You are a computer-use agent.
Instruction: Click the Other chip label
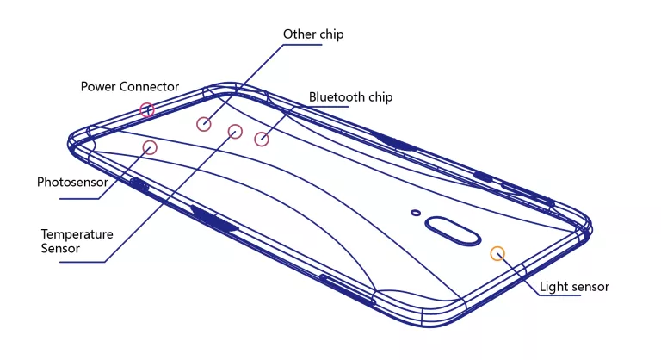pos(313,34)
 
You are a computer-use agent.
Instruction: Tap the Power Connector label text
pos(130,87)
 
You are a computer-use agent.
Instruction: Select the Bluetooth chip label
pos(350,97)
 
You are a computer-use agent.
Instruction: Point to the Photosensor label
pos(72,183)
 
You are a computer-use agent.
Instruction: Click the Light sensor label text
pos(574,287)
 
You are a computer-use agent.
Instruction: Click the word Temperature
pos(77,234)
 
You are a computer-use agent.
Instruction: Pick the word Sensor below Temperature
pos(60,249)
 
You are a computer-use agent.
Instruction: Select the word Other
pos(298,34)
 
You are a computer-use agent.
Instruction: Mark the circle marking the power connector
pos(147,109)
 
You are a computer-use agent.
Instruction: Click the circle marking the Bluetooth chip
pos(262,139)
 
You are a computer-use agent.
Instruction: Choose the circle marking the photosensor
pos(150,147)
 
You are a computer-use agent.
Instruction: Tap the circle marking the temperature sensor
pos(235,131)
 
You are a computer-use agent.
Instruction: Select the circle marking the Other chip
pos(203,124)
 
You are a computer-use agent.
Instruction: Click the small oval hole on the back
pos(416,212)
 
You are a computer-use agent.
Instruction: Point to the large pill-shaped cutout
pos(451,232)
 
